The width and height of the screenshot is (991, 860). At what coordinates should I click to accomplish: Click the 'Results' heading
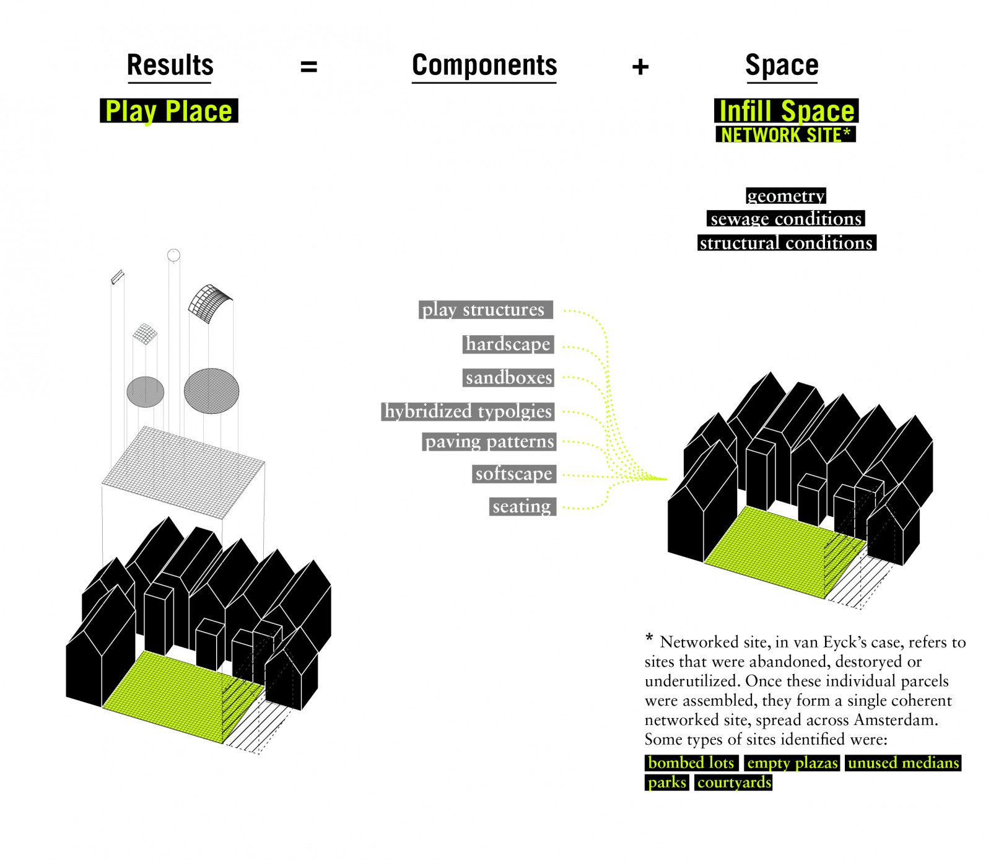(170, 65)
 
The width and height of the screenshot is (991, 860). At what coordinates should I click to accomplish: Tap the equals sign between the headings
(308, 66)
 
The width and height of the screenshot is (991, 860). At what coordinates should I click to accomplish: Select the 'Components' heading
(484, 65)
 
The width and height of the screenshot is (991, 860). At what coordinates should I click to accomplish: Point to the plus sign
(640, 66)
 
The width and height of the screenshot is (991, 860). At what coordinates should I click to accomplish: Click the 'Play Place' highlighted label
(169, 111)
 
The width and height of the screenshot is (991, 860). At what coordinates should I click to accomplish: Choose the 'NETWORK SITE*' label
(785, 134)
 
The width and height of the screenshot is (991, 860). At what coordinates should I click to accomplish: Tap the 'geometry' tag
(786, 196)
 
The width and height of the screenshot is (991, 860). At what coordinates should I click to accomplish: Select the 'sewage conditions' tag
(786, 219)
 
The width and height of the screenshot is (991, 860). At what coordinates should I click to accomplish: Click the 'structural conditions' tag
(787, 243)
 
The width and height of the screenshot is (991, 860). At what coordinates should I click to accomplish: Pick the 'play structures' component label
(486, 309)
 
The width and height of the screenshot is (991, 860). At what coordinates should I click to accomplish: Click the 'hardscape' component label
(508, 344)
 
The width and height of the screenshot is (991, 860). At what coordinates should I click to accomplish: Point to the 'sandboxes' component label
(509, 377)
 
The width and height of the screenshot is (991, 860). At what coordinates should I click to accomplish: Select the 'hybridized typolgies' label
(468, 411)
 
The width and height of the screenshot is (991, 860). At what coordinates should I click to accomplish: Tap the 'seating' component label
(522, 506)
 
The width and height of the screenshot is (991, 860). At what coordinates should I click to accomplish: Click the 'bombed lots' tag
(691, 763)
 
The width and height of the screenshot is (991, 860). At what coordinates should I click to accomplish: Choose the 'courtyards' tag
(734, 783)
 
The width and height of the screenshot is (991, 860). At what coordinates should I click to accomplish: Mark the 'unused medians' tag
(903, 763)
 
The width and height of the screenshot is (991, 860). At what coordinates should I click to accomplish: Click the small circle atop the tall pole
(173, 255)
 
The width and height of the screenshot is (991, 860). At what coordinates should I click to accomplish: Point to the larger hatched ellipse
(211, 391)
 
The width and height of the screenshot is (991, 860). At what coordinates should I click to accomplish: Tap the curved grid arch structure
(209, 302)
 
